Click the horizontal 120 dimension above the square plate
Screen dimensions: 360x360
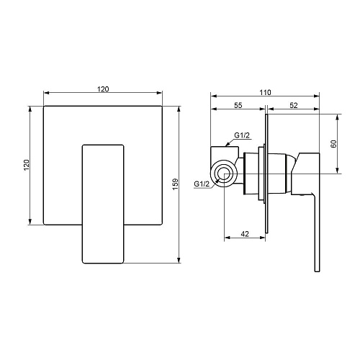point(103,89)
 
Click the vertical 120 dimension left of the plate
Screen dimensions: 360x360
point(26,165)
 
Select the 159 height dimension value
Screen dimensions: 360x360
point(176,184)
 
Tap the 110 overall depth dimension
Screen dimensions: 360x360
point(265,92)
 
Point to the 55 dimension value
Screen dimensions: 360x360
point(238,105)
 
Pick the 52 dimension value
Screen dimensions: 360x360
point(294,105)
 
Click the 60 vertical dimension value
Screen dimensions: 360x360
point(333,143)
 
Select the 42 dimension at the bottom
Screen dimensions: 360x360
point(245,233)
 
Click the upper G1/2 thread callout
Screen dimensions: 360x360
point(242,135)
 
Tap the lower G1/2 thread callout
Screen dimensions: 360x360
point(202,184)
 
